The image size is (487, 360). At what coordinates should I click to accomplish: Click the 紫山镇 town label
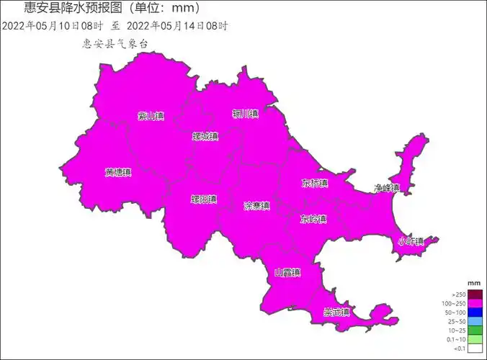pos(151,116)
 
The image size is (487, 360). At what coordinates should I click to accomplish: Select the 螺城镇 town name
pos(205,136)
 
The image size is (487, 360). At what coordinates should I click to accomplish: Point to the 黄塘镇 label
pos(118,173)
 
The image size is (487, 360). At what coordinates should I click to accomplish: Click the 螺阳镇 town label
pos(204,199)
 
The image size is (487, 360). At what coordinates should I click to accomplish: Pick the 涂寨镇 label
pos(256,206)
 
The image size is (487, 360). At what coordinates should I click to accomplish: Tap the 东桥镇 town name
pos(315,184)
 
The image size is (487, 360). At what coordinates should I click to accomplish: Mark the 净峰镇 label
pos(386,188)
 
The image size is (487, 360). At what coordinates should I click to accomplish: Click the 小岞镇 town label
pos(411,241)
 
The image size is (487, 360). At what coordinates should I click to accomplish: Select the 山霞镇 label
pos(287,273)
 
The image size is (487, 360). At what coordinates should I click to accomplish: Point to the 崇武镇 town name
pos(336,312)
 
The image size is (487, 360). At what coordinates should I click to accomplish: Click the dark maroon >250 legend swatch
pos(475,294)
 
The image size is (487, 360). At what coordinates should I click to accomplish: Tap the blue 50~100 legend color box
pos(475,312)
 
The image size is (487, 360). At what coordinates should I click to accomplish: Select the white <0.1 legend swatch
pos(475,348)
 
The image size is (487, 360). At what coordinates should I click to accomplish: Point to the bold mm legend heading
pos(474,284)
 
